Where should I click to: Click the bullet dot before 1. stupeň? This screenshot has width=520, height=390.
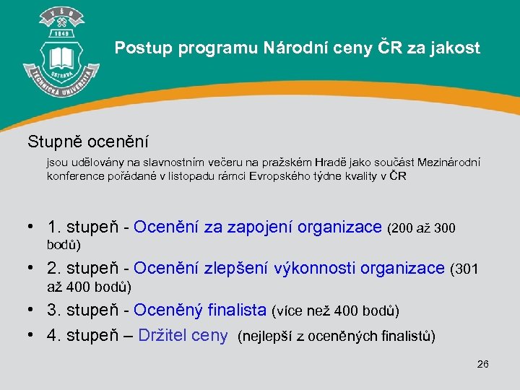[x=31, y=227]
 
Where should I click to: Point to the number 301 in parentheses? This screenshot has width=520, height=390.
[x=466, y=269]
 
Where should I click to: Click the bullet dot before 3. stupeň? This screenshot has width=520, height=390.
[x=31, y=311]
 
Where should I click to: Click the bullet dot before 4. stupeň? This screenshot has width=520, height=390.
[x=31, y=336]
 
